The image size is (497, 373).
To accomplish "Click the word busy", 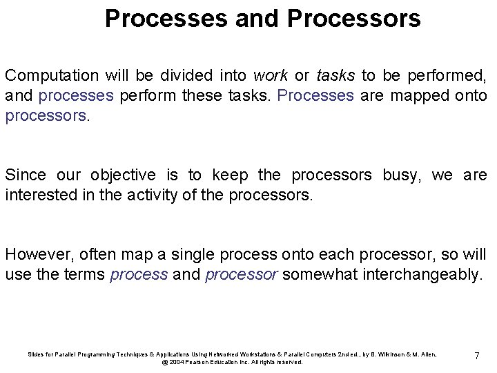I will (401, 175).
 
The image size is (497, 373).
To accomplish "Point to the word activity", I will (153, 195).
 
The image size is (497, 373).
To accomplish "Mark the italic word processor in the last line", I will (242, 274).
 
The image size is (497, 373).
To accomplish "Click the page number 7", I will (476, 356).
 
